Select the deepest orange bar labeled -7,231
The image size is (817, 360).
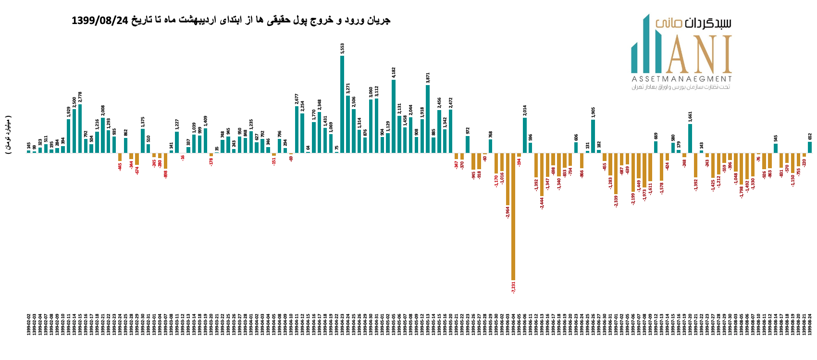click(513, 216)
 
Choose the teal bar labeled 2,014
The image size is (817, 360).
click(525, 135)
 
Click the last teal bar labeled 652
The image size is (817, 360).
click(810, 147)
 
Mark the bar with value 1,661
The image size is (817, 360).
click(690, 138)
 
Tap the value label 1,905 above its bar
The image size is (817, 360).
click(593, 112)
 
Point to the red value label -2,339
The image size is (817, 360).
click(616, 201)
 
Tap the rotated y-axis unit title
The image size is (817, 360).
click(9, 135)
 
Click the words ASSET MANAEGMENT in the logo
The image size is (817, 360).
click(681, 79)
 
